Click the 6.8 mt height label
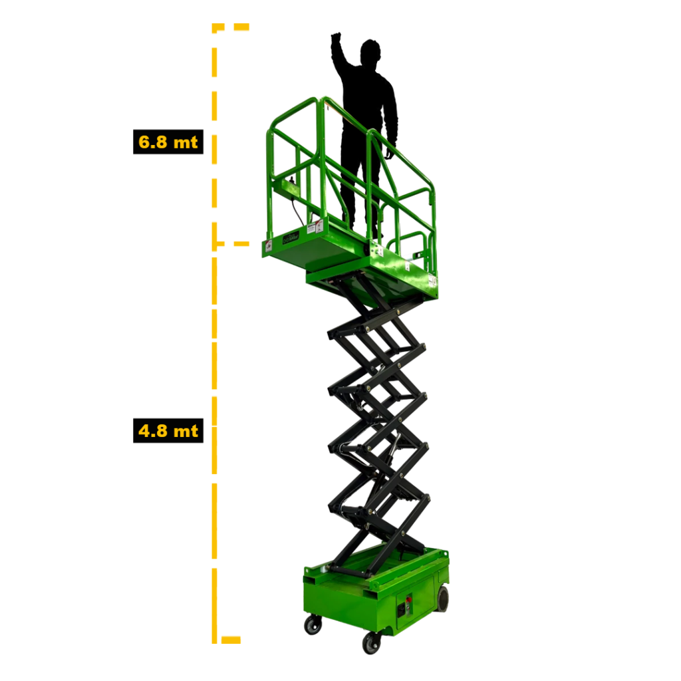pyautogui.click(x=168, y=142)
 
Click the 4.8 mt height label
pyautogui.click(x=168, y=431)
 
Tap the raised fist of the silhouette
pyautogui.click(x=336, y=37)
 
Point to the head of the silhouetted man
pyautogui.click(x=370, y=52)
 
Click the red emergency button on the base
pyautogui.click(x=408, y=601)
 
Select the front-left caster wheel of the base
pyautogui.click(x=313, y=625)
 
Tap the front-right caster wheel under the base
pyautogui.click(x=372, y=643)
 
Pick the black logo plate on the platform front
pyautogui.click(x=291, y=237)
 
